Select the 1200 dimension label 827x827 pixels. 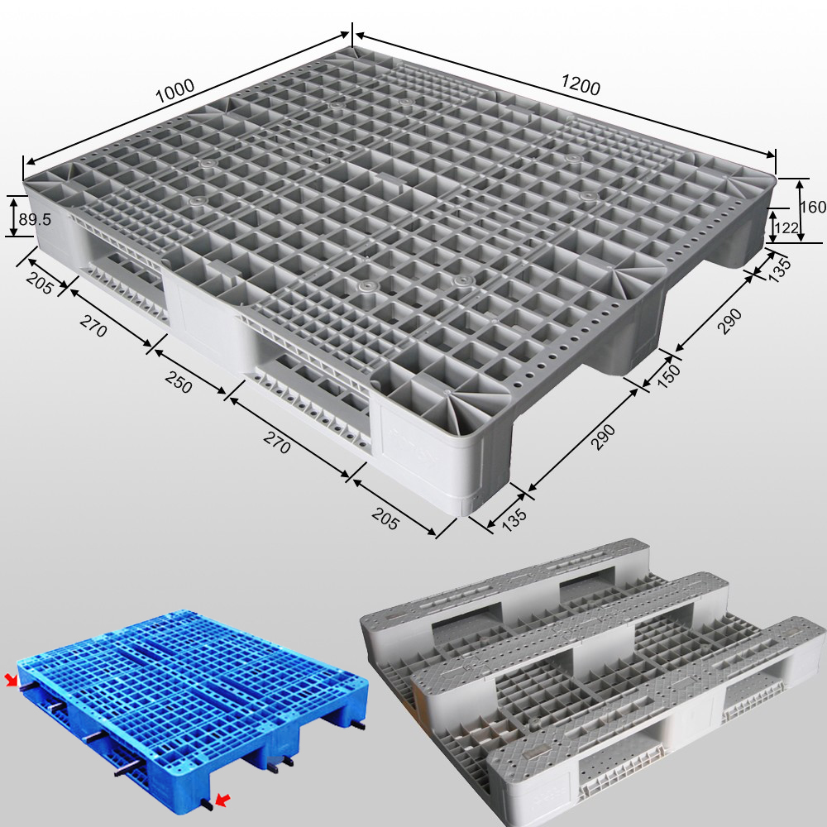(x=581, y=84)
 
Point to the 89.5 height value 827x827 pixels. (x=36, y=219)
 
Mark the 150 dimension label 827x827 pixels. (x=667, y=373)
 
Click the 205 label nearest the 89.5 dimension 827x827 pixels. (x=39, y=283)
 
